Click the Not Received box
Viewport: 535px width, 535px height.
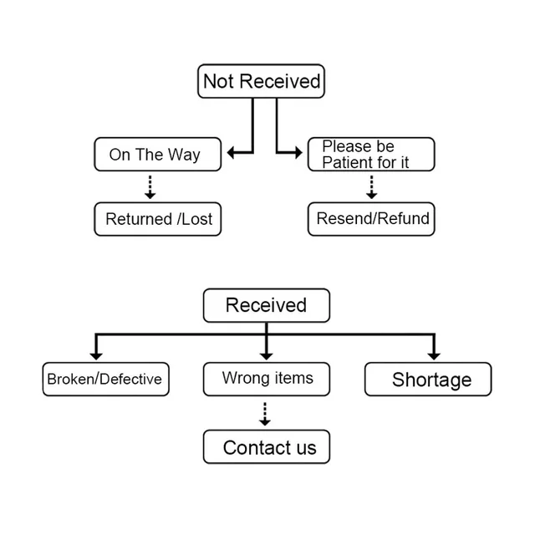pyautogui.click(x=261, y=81)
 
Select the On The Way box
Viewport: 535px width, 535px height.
pyautogui.click(x=158, y=154)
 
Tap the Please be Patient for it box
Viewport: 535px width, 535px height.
pyautogui.click(x=371, y=154)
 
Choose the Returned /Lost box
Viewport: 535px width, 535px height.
pyautogui.click(x=158, y=219)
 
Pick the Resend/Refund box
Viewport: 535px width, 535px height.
pyautogui.click(x=371, y=219)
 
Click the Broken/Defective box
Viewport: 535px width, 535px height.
pyautogui.click(x=106, y=379)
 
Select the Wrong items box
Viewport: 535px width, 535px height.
pyautogui.click(x=267, y=379)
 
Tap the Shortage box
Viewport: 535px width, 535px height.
pyautogui.click(x=428, y=379)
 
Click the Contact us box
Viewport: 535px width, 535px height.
pyautogui.click(x=267, y=446)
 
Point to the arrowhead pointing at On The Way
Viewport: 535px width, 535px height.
pyautogui.click(x=231, y=152)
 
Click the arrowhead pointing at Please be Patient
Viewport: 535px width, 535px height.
pyautogui.click(x=298, y=152)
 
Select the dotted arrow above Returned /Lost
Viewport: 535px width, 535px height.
pyautogui.click(x=150, y=187)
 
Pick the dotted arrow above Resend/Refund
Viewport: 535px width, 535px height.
pyautogui.click(x=371, y=187)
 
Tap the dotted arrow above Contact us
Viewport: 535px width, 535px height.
pyautogui.click(x=265, y=415)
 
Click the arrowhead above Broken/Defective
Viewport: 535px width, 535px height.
pyautogui.click(x=96, y=357)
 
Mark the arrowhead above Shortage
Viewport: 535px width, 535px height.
pyautogui.click(x=434, y=357)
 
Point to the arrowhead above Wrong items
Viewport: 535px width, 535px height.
pyautogui.click(x=266, y=357)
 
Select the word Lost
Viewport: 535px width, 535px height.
pyautogui.click(x=197, y=219)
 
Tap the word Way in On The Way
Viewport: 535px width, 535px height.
pyautogui.click(x=184, y=155)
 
